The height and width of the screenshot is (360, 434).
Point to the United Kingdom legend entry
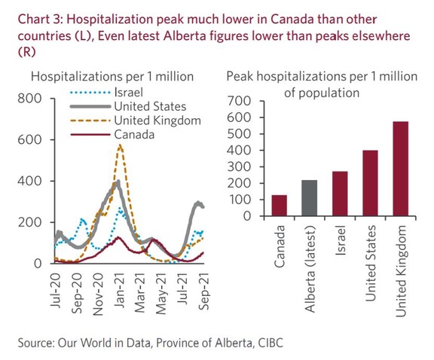pyautogui.click(x=157, y=121)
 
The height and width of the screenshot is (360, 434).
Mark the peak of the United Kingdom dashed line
pyautogui.click(x=120, y=146)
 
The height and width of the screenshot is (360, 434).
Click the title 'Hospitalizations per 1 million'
pyautogui.click(x=112, y=76)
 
